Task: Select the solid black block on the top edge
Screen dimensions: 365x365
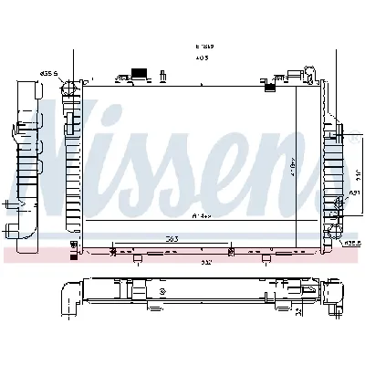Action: tap(140, 72)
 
